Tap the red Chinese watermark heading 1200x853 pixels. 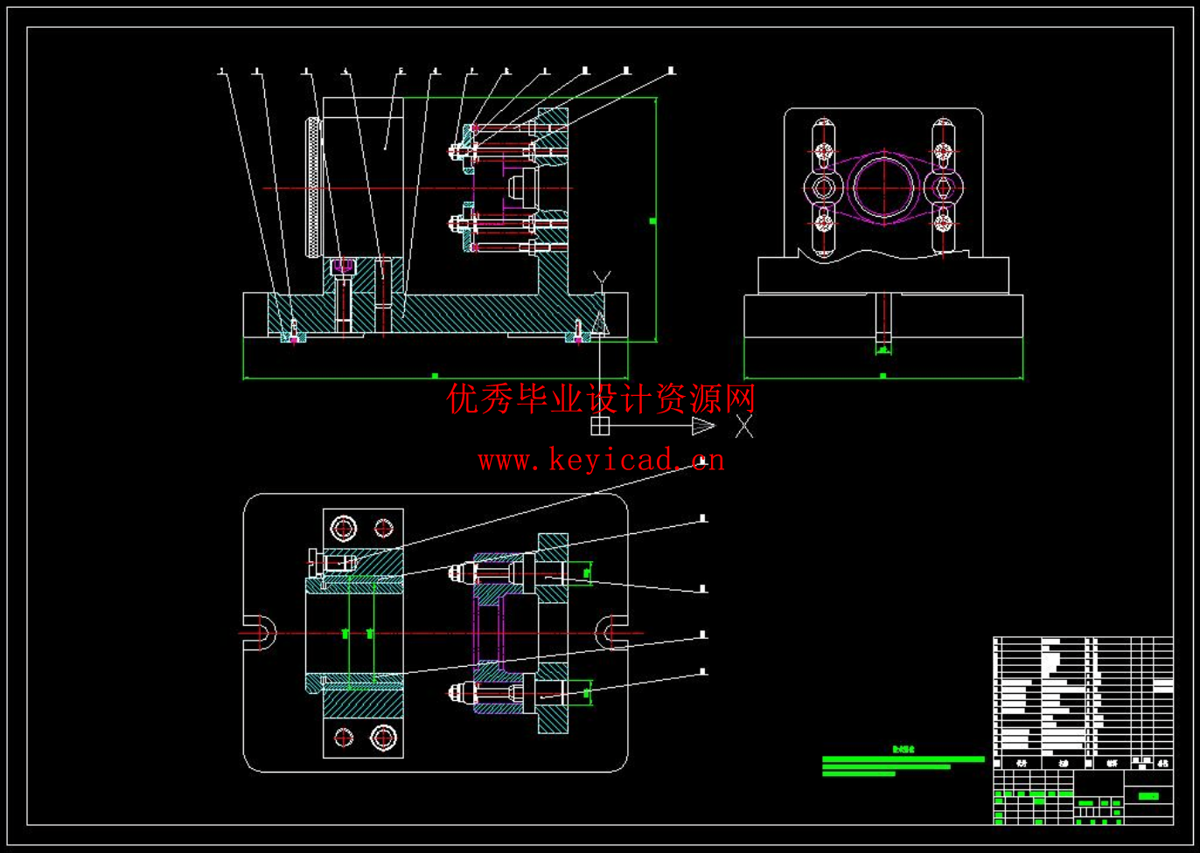pyautogui.click(x=601, y=399)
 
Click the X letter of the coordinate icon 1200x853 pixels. pyautogui.click(x=744, y=426)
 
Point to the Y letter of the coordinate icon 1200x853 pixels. pyautogui.click(x=600, y=278)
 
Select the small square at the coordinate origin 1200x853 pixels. pyautogui.click(x=600, y=426)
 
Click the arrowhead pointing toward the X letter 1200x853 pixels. pyautogui.click(x=702, y=426)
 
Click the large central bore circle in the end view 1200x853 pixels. pyautogui.click(x=883, y=187)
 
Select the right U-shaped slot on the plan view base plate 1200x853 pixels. pyautogui.click(x=612, y=632)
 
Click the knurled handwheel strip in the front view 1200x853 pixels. pyautogui.click(x=311, y=187)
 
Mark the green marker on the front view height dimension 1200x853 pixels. pyautogui.click(x=652, y=221)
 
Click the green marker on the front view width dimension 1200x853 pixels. pyautogui.click(x=435, y=376)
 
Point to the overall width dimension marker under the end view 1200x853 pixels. pyautogui.click(x=883, y=376)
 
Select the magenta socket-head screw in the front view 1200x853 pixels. pyautogui.click(x=344, y=265)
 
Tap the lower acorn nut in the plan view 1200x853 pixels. pyautogui.click(x=455, y=693)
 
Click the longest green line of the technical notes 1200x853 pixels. pyautogui.click(x=903, y=759)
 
